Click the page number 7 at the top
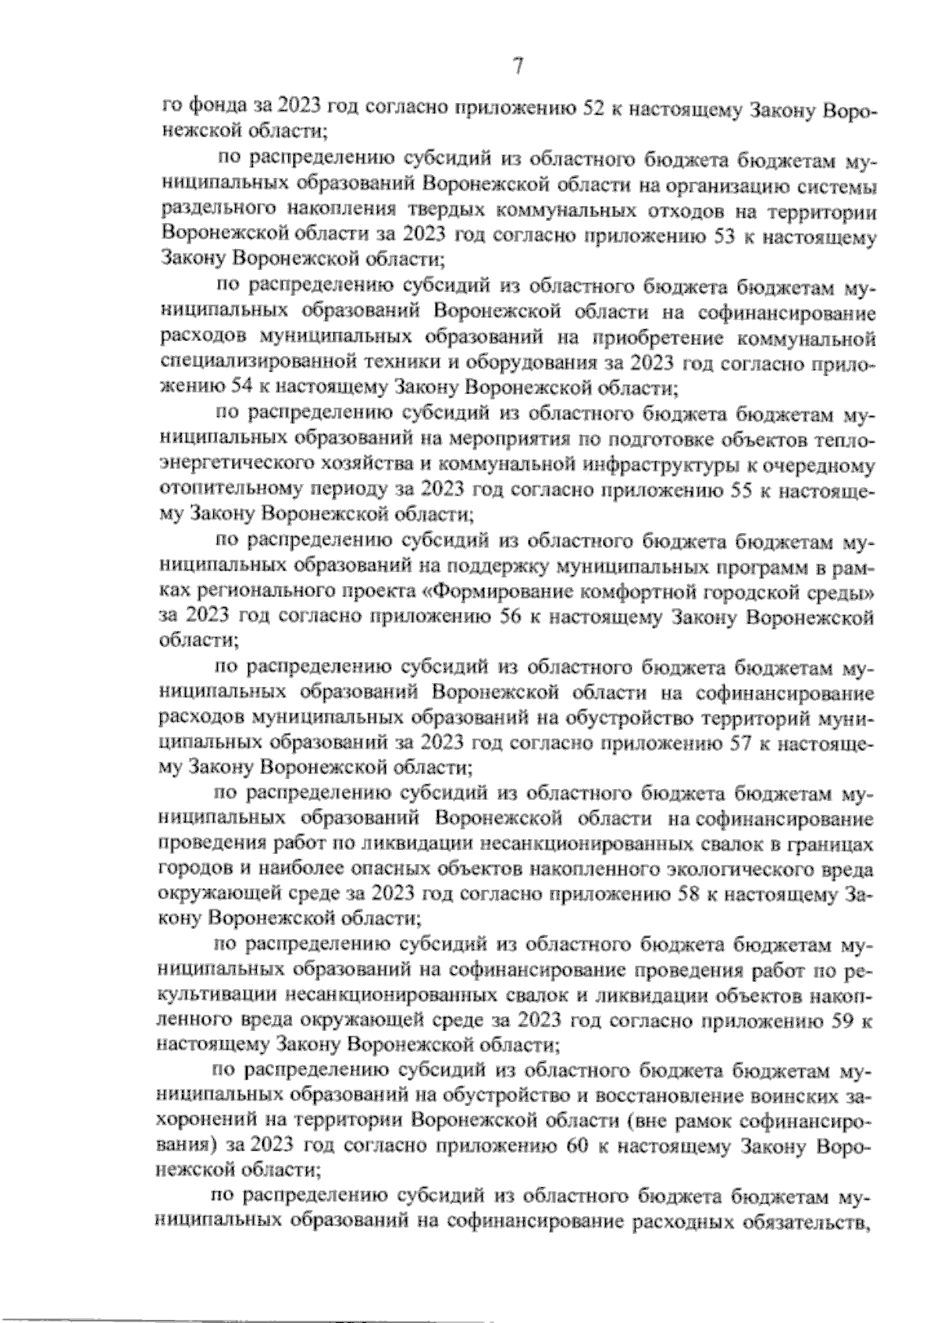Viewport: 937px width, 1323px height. pyautogui.click(x=518, y=68)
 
